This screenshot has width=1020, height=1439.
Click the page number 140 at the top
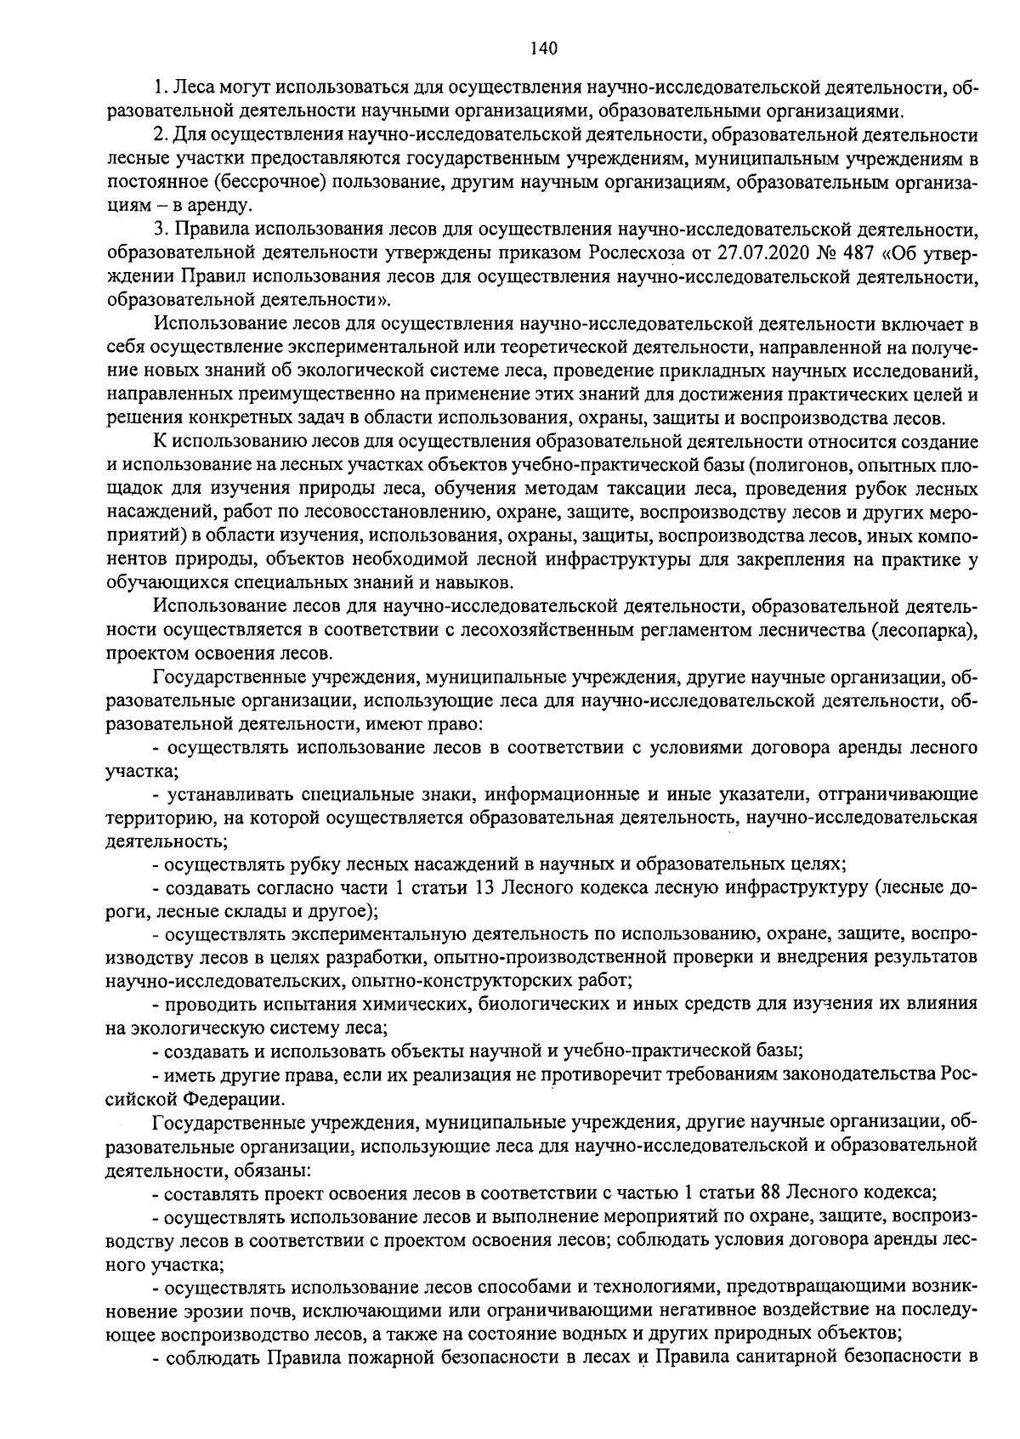coord(542,48)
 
